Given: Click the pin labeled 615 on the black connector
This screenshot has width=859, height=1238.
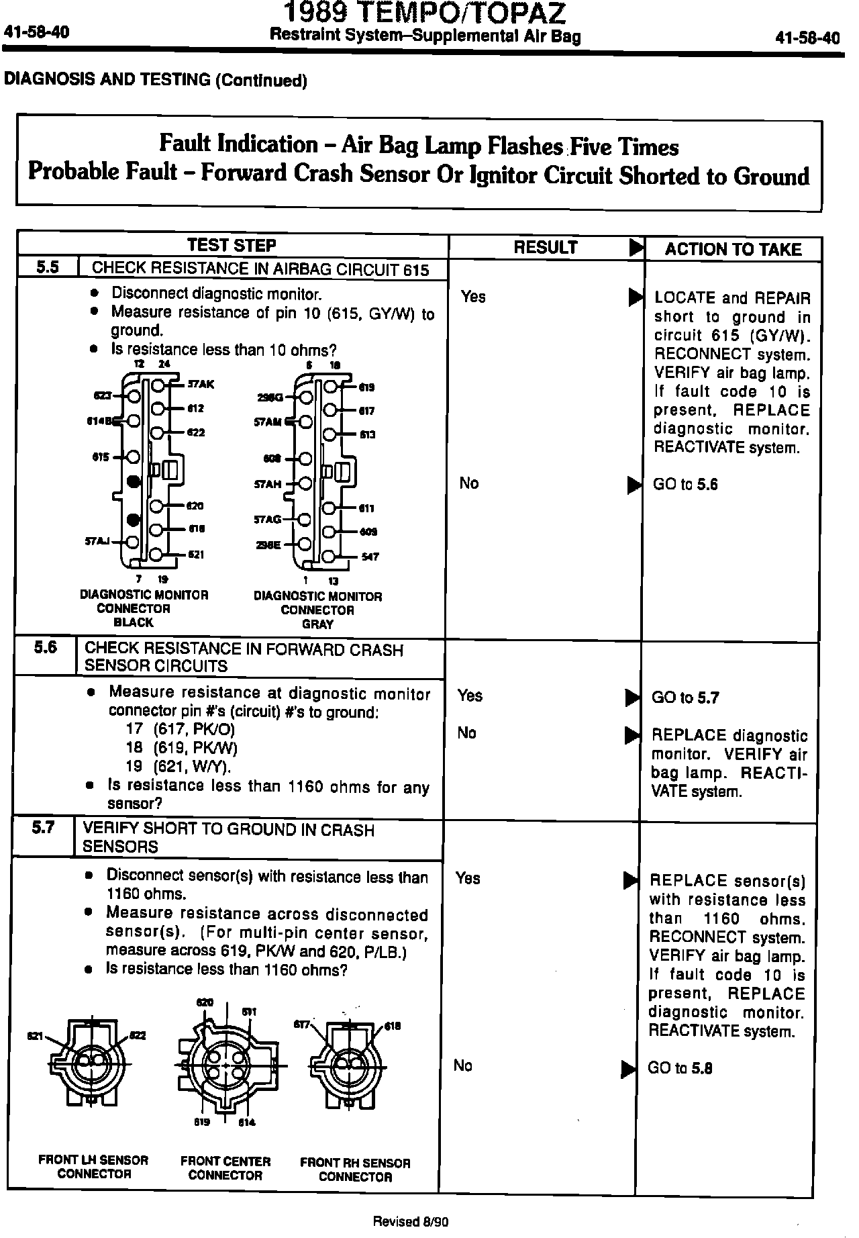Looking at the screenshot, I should click(133, 457).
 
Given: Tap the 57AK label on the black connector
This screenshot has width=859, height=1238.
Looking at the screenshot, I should click(201, 385).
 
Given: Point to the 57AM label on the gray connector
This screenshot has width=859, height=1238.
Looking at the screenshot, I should click(268, 422).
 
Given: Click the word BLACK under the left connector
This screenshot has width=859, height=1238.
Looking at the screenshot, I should click(134, 622).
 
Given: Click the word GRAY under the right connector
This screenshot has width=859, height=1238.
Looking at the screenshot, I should click(317, 624).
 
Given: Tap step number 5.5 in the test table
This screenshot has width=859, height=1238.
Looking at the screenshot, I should click(47, 267).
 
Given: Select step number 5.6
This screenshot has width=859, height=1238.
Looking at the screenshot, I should click(45, 647).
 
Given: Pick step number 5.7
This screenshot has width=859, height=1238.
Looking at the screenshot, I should click(43, 827).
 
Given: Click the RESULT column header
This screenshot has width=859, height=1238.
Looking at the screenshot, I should click(545, 248).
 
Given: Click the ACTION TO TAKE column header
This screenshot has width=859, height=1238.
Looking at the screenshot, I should click(733, 250).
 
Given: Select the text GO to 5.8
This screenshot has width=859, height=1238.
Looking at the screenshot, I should click(680, 1068).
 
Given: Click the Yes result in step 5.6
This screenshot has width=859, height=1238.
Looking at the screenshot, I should click(470, 696).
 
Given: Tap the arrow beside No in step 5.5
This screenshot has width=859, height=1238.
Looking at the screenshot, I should click(634, 485).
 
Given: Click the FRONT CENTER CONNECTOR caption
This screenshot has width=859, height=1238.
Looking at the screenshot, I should click(225, 1168).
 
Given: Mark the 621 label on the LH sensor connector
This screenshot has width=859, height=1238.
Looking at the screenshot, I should click(35, 1037).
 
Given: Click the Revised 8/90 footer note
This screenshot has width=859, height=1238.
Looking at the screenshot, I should click(411, 1222).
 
